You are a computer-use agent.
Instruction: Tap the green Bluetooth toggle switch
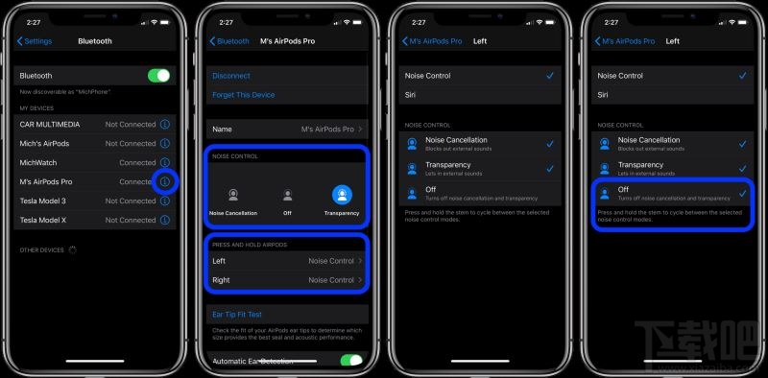tap(158, 75)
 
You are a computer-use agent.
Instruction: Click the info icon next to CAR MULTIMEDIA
tap(164, 125)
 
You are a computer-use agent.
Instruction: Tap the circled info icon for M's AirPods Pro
tap(164, 182)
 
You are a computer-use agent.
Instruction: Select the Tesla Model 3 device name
tap(44, 201)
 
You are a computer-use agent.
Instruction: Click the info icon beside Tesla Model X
tap(164, 220)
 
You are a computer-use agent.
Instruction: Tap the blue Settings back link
tap(35, 41)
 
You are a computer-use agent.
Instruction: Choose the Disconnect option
tap(231, 76)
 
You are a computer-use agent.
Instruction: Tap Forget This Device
tap(244, 95)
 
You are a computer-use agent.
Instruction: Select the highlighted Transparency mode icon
tap(341, 195)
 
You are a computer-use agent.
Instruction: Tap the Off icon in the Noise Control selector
tap(286, 195)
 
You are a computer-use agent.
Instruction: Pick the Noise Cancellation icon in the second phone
tap(232, 195)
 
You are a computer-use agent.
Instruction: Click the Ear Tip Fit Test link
tap(237, 315)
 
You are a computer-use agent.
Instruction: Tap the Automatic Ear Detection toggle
tap(351, 361)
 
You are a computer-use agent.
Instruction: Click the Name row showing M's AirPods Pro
tap(286, 129)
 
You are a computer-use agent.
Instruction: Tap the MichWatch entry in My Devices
tap(38, 163)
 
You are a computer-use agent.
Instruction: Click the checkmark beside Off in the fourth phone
tap(742, 193)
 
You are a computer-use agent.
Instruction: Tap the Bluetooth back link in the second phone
tap(229, 41)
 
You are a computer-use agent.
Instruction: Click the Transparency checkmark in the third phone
tap(549, 168)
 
